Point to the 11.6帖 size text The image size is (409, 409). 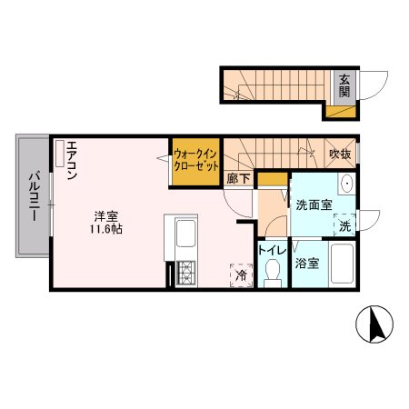click(106, 229)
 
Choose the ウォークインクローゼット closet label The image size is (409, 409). click(195, 161)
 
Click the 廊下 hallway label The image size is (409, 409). click(238, 179)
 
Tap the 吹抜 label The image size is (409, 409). click(340, 154)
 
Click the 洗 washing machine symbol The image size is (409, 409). click(344, 224)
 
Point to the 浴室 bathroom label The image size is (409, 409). click(306, 264)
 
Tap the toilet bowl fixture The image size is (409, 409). click(272, 273)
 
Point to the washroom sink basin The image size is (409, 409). click(346, 185)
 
